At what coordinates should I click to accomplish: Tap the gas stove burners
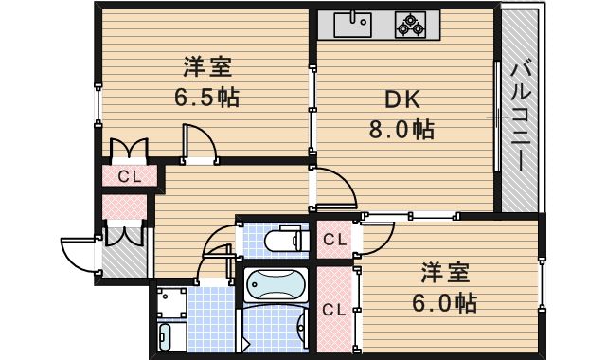[411, 25]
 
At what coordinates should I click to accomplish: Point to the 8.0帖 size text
[401, 131]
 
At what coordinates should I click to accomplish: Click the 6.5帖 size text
[205, 97]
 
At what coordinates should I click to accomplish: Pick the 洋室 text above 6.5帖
[206, 67]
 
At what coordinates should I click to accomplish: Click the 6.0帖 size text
[444, 303]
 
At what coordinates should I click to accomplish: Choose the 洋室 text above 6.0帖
[445, 273]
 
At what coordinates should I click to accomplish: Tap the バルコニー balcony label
[521, 116]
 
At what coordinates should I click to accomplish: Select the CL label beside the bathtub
[333, 308]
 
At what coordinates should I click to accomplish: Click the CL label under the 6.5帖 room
[130, 176]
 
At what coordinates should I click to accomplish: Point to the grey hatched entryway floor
[123, 261]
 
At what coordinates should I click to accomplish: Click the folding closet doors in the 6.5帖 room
[129, 149]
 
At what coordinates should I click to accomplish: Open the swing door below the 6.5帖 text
[200, 145]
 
